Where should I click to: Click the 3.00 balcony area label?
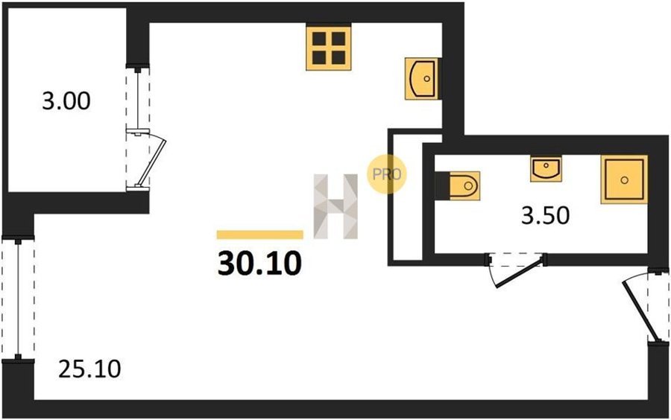point(66,102)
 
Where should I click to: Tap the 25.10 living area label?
point(90,369)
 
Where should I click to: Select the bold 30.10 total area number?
point(259,263)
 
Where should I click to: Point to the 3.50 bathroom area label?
point(545,216)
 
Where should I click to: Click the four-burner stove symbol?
point(329,48)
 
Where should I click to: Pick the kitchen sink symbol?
point(422,79)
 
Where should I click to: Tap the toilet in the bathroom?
point(458,185)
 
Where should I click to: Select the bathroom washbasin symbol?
point(546,168)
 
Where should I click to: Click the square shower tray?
point(624,179)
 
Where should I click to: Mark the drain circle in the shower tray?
point(624,180)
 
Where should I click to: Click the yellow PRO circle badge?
point(387,174)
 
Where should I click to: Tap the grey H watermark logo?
point(336,206)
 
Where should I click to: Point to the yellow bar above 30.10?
point(260,235)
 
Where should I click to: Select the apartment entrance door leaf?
point(637,311)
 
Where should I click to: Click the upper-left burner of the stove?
point(319,39)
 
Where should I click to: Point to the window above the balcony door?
point(138,98)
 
